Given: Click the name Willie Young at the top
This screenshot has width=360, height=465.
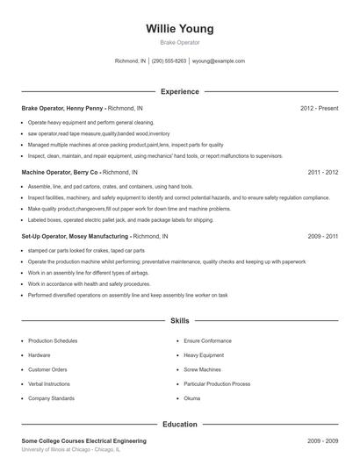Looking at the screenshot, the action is click(180, 28).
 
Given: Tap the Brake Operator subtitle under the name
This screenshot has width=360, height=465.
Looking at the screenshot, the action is click(180, 42).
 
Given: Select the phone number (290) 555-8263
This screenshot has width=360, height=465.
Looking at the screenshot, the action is click(169, 61).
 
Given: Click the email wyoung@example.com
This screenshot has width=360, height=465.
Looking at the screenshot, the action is click(220, 61).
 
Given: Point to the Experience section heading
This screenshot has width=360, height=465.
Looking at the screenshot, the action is click(180, 91).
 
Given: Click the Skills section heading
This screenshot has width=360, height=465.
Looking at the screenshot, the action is click(180, 322).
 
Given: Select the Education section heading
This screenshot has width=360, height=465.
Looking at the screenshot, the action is click(180, 425).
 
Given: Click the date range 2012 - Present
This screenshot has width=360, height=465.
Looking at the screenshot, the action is click(319, 108).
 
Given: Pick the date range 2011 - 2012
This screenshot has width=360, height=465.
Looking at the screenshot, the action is click(323, 173).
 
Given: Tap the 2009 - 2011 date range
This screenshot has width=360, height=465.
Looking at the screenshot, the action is click(323, 237).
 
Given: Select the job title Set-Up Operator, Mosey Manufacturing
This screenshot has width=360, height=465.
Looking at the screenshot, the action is click(75, 237).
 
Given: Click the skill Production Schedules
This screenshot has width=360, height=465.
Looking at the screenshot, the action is click(53, 340).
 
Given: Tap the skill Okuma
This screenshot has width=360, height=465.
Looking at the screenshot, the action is click(193, 398).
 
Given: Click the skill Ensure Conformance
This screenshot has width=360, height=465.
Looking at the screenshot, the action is click(208, 340).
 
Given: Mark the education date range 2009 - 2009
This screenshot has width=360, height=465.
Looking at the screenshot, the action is click(323, 440).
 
